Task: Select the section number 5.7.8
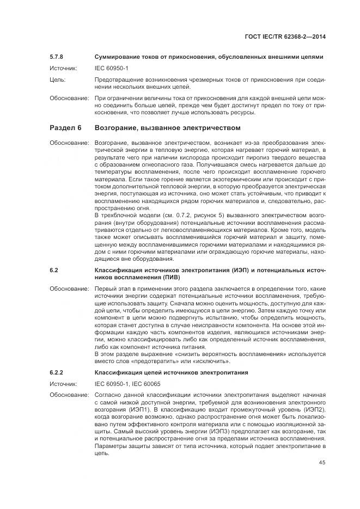(57, 57)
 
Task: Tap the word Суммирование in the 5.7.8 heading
(116, 57)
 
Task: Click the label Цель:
(58, 79)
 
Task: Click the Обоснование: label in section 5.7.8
(69, 98)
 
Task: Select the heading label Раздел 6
(65, 128)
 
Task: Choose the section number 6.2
(54, 269)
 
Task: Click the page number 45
(322, 463)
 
